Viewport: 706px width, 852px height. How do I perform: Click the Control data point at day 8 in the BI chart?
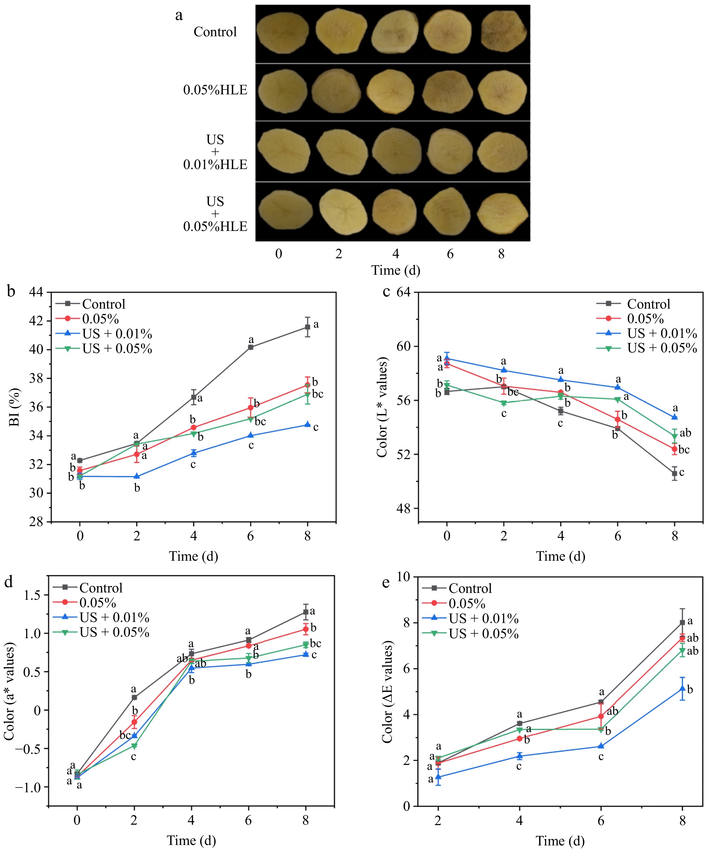[308, 327]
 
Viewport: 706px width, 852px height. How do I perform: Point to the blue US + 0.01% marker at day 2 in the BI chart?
[137, 476]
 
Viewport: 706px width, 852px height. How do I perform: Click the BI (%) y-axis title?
[14, 407]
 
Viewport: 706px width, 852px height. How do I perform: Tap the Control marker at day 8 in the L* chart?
[675, 473]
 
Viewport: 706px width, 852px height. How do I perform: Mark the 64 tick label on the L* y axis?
[404, 292]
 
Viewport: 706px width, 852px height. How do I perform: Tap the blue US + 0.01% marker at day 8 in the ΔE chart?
[683, 689]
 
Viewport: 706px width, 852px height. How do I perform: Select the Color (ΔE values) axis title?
[387, 692]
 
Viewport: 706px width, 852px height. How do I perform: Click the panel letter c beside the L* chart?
[386, 292]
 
